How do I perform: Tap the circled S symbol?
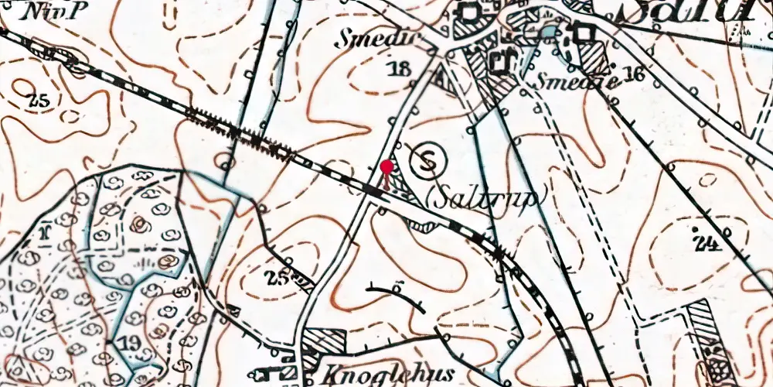427,161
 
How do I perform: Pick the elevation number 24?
706,245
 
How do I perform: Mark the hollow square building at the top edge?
469,11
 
